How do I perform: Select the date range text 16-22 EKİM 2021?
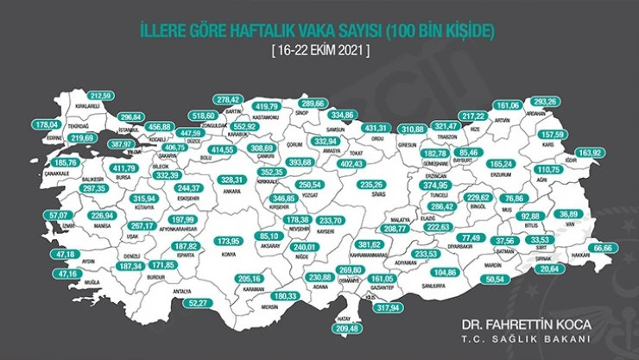point(319,51)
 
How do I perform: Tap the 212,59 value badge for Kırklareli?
point(101,95)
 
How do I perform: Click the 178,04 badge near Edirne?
point(46,125)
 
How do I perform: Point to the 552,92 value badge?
point(243,127)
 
